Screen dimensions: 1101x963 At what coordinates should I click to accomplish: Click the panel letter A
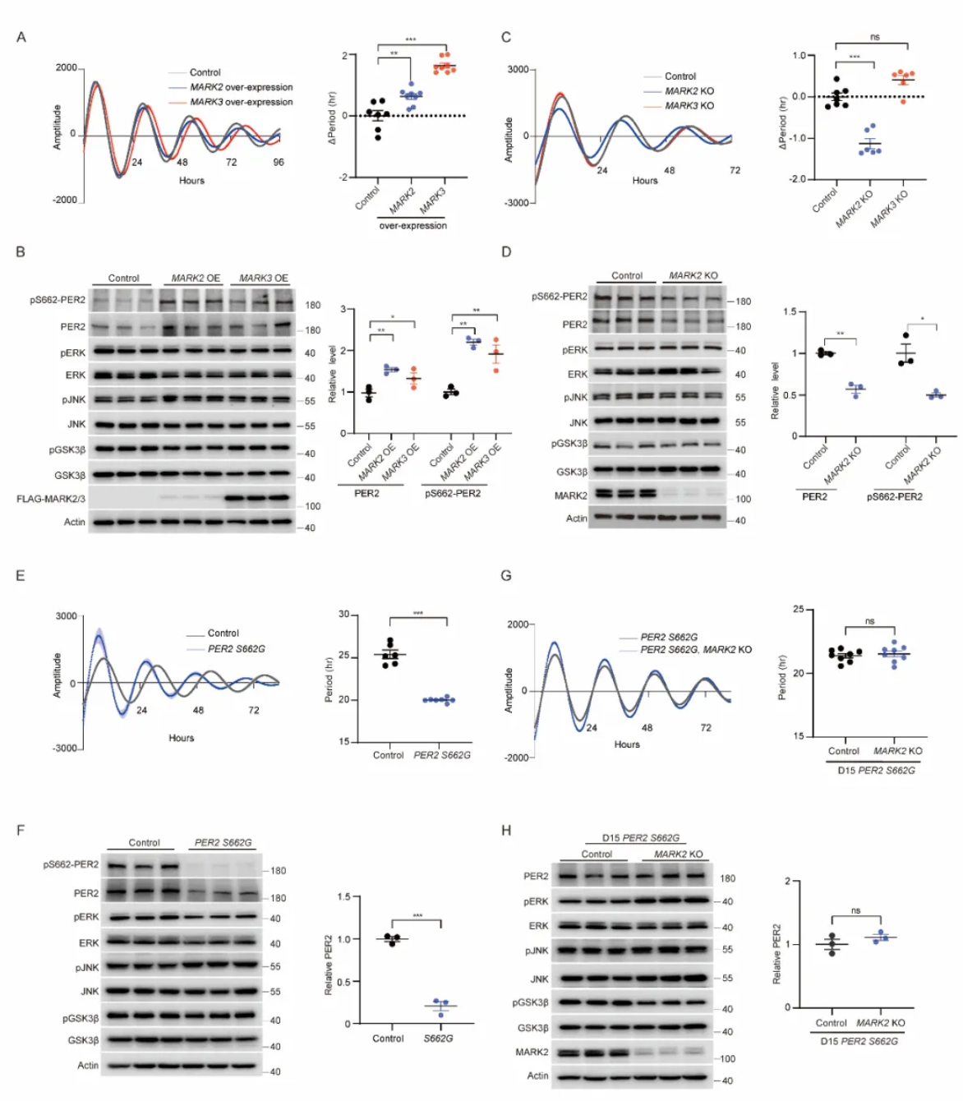(21, 37)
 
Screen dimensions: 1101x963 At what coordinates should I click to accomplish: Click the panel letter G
(506, 575)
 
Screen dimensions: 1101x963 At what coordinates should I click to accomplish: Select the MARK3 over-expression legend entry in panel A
(241, 102)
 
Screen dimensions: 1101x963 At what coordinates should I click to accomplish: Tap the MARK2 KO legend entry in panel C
(689, 91)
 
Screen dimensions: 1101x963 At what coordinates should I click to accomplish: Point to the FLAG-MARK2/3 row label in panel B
(51, 499)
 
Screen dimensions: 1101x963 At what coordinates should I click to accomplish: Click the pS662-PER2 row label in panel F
(71, 864)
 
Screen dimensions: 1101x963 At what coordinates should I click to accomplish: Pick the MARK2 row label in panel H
(532, 1052)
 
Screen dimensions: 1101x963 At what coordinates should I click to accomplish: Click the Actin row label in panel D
(576, 518)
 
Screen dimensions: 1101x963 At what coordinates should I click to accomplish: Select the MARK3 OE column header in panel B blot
(264, 279)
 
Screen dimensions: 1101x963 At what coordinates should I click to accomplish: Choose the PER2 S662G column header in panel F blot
(223, 843)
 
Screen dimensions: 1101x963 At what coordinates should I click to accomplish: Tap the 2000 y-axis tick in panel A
(67, 68)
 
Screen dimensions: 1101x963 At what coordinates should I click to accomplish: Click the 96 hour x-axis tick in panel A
(279, 163)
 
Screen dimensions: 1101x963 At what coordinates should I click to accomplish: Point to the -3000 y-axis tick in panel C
(518, 203)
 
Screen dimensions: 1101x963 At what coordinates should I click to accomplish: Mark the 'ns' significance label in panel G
(870, 621)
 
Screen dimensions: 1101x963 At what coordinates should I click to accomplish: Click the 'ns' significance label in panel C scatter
(874, 37)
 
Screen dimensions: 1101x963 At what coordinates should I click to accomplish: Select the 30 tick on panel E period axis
(343, 615)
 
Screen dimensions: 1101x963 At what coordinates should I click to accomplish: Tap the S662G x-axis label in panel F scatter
(438, 1039)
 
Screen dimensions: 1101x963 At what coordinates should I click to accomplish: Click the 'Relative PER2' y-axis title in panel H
(776, 954)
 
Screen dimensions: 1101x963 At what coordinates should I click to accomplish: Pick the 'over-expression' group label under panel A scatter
(412, 226)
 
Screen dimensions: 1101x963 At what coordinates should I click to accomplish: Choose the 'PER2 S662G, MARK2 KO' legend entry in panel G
(695, 650)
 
